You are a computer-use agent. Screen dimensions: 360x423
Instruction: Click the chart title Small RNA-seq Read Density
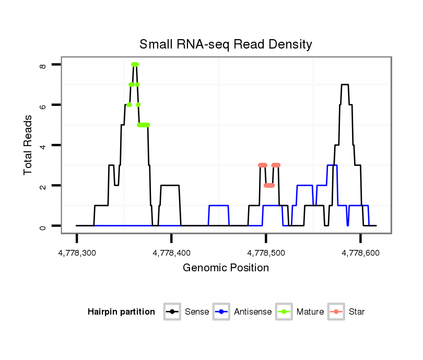[x=226, y=44]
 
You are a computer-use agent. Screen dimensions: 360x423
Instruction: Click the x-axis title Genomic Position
[x=226, y=268]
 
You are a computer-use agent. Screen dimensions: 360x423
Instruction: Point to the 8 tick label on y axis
[x=43, y=65]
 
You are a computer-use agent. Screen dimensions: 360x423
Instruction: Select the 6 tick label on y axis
[x=43, y=105]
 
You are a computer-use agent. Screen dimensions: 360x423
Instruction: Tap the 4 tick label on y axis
[x=43, y=146]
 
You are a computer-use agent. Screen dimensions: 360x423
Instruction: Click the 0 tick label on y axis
[x=43, y=226]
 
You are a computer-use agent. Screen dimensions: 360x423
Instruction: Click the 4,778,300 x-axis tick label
[x=77, y=253]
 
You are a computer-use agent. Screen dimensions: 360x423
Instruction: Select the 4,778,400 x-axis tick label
[x=171, y=253]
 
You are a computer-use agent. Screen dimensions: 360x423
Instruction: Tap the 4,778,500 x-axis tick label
[x=266, y=253]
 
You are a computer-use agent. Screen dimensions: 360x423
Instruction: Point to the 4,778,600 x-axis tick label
[x=360, y=253]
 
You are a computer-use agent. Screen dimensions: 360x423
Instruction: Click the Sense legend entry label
[x=197, y=312]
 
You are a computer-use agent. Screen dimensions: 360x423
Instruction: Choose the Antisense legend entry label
[x=253, y=312]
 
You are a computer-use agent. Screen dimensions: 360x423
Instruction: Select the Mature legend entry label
[x=310, y=312]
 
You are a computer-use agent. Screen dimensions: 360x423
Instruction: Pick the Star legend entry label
[x=357, y=312]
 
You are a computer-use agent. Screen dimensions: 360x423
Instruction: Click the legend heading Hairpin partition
[x=122, y=312]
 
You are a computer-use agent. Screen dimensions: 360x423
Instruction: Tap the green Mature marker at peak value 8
[x=135, y=64]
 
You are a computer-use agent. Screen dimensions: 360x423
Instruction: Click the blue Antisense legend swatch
[x=223, y=312]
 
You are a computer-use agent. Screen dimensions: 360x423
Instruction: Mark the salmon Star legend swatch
[x=337, y=312]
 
